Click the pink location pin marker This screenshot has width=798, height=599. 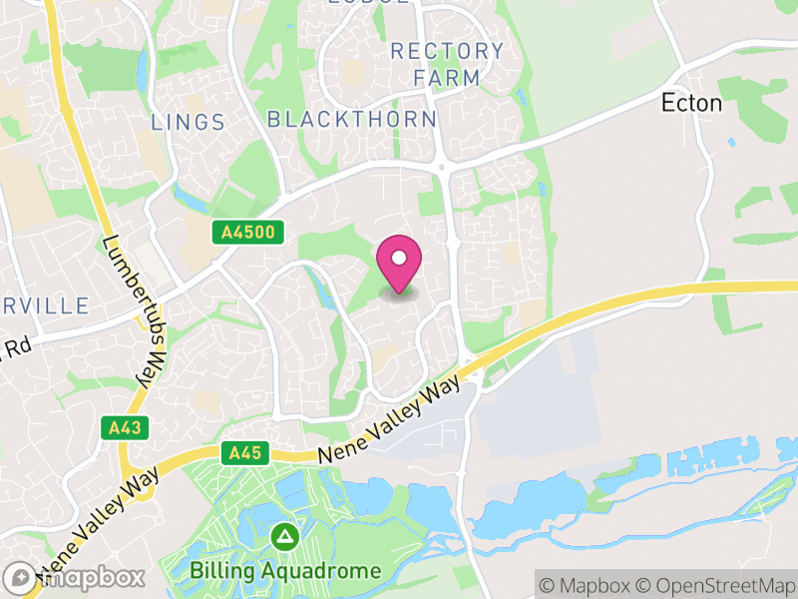pyautogui.click(x=399, y=265)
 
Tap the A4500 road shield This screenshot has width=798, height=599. pyautogui.click(x=248, y=233)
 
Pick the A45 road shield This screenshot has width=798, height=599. pyautogui.click(x=243, y=453)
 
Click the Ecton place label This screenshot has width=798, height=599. pyautogui.click(x=691, y=103)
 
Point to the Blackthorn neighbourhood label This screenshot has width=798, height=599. pyautogui.click(x=352, y=120)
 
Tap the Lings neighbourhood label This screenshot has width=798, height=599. pyautogui.click(x=188, y=122)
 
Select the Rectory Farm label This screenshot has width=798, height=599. pyautogui.click(x=447, y=63)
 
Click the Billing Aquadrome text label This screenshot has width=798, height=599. pyautogui.click(x=286, y=571)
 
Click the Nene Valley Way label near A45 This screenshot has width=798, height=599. pyautogui.click(x=390, y=418)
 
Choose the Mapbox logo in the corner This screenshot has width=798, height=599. pyautogui.click(x=75, y=577)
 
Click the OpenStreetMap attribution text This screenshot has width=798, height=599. pyautogui.click(x=721, y=583)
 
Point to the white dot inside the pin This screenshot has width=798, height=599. pyautogui.click(x=399, y=258)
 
